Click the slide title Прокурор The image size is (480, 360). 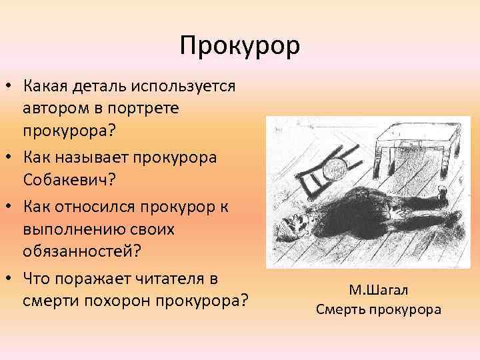pos(240,47)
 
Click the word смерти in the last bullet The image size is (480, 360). pos(49,300)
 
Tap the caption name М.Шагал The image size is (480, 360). pos(378,290)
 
